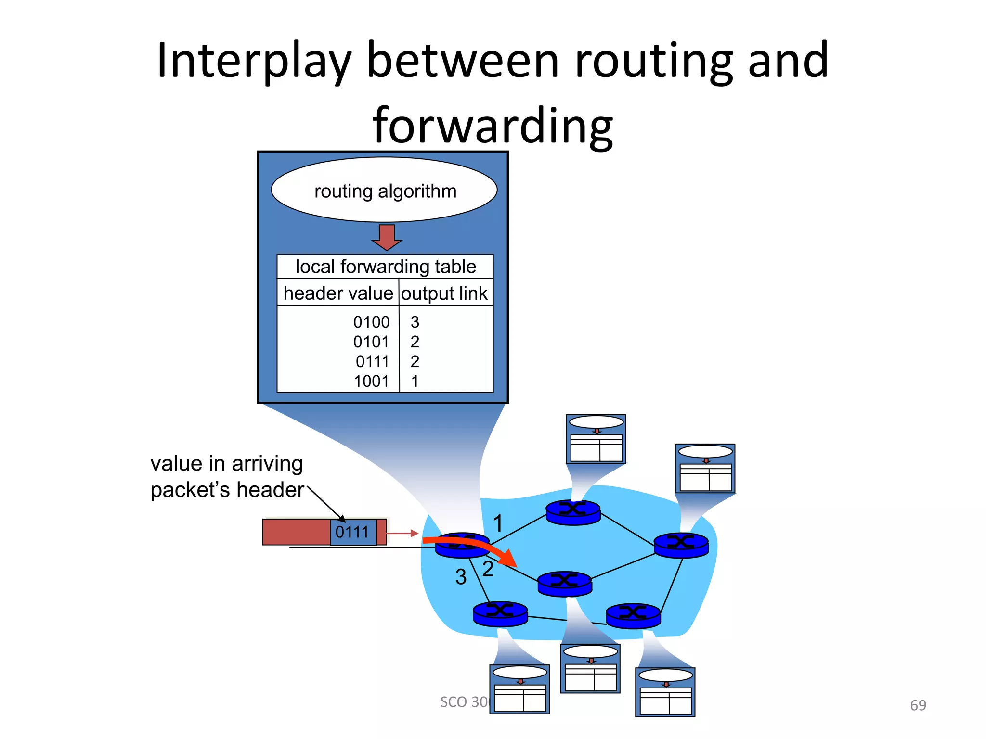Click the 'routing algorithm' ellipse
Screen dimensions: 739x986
click(384, 190)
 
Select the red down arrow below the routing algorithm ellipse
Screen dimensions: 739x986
click(387, 237)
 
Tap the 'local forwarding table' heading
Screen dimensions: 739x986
click(385, 267)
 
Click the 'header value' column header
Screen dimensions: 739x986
click(338, 293)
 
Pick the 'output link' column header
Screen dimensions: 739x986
click(444, 293)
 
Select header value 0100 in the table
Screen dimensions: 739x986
click(371, 322)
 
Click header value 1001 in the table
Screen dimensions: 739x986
click(371, 381)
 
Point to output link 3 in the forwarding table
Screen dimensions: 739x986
click(415, 322)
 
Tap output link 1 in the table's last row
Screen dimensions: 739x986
click(415, 381)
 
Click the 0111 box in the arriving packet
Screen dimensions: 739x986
click(352, 532)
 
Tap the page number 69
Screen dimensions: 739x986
click(918, 705)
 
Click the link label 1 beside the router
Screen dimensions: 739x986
click(498, 523)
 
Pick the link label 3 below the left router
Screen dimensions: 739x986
click(461, 576)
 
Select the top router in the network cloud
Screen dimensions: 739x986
click(573, 512)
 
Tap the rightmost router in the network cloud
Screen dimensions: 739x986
click(681, 545)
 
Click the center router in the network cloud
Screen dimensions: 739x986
click(564, 583)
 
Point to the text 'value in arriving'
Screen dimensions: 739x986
click(226, 463)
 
